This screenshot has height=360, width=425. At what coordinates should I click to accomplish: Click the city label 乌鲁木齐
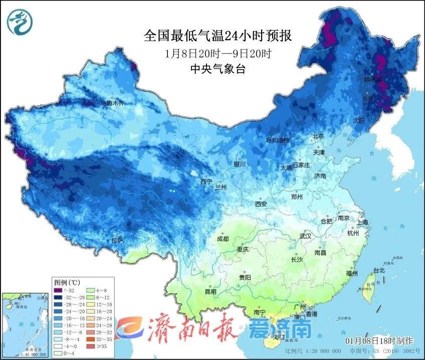click(x=112, y=103)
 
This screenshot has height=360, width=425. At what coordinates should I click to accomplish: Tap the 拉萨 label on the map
click(x=117, y=241)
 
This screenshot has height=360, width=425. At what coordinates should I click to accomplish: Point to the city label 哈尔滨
click(x=372, y=80)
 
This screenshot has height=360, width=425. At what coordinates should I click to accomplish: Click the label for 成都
click(x=223, y=239)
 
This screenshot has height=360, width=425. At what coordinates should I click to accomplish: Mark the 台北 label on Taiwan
click(x=379, y=270)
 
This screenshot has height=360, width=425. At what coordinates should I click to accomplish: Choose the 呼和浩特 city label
click(x=278, y=140)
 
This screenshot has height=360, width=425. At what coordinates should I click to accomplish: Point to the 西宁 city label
click(x=206, y=182)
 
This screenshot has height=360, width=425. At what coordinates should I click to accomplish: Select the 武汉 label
click(x=305, y=236)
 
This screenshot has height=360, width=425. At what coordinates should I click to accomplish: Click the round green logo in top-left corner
click(x=19, y=21)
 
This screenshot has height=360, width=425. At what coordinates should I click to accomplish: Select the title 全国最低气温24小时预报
click(x=218, y=36)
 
